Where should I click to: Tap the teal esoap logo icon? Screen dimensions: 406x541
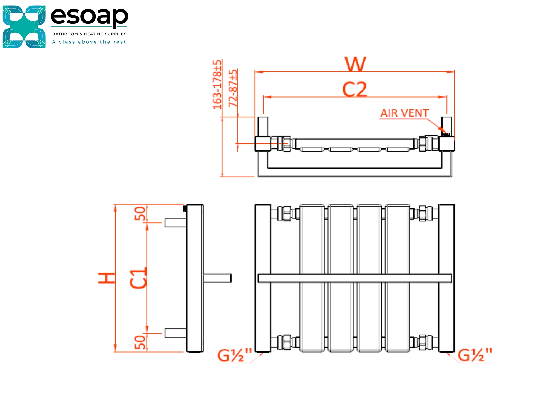[24, 27]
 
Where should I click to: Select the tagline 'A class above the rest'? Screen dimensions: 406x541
[89, 42]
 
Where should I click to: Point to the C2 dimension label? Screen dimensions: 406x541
[354, 90]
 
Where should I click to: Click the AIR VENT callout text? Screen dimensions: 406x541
[404, 113]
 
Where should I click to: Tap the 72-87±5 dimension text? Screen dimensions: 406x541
[233, 88]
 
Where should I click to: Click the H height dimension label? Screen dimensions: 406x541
[107, 278]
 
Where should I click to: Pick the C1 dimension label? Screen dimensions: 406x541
[138, 278]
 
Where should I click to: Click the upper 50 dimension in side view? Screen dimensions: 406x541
[140, 213]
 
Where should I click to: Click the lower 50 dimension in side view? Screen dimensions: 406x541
[140, 342]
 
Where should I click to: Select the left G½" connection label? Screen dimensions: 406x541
[234, 355]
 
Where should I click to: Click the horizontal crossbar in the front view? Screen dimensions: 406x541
[354, 278]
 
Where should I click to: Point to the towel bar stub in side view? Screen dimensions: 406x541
[217, 278]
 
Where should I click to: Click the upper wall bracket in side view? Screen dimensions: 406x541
[175, 223]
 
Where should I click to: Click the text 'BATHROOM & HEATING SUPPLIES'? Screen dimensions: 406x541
[89, 34]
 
